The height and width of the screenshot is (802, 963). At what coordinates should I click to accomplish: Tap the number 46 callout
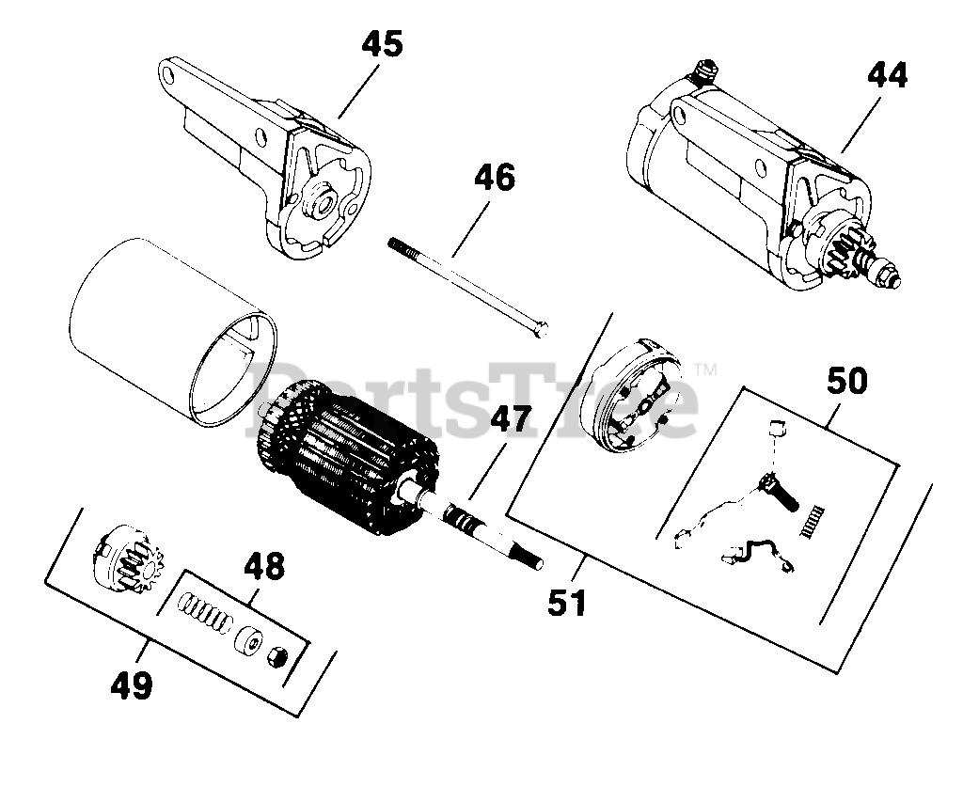click(x=494, y=178)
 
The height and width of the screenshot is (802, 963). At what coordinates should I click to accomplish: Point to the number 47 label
click(x=508, y=417)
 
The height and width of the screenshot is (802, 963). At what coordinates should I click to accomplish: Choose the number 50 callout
click(x=847, y=381)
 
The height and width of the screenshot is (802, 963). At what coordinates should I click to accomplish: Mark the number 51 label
click(x=567, y=603)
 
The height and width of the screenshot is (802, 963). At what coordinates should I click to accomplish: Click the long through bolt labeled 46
click(x=470, y=286)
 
